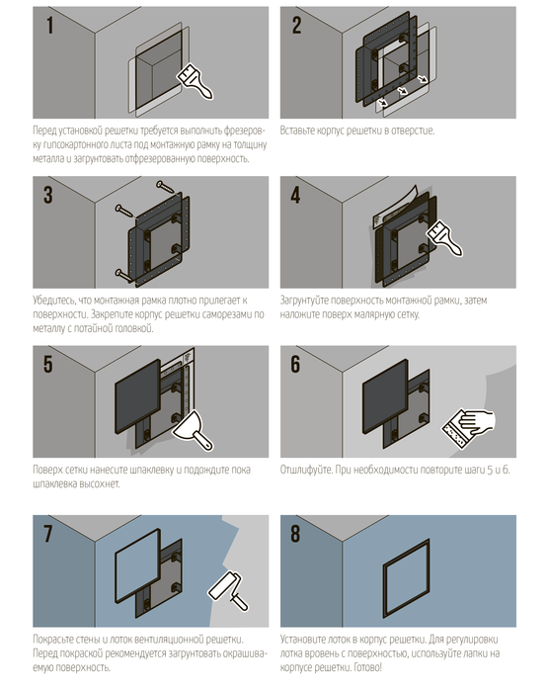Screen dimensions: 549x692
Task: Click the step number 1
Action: coord(49,25)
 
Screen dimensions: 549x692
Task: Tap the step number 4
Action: coord(295,195)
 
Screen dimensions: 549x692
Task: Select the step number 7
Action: coord(48,534)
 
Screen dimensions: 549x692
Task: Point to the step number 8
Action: coord(295,534)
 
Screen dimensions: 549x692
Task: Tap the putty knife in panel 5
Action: coord(193,431)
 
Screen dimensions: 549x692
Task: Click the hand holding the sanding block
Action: coord(469,427)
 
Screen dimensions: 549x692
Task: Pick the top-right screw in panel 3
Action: coord(165,187)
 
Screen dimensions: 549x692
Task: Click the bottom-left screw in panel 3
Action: coord(123,276)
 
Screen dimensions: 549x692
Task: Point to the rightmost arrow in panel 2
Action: coord(423,78)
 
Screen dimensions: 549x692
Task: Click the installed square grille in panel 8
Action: coord(406,577)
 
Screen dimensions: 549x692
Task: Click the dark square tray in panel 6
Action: coord(385,396)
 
